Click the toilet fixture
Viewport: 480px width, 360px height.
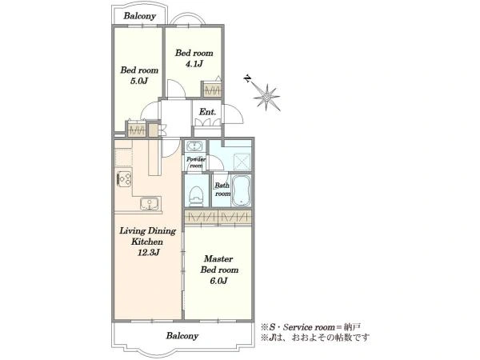[196, 195]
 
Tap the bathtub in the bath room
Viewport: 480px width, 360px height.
[241, 190]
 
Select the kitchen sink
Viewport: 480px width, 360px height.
[150, 203]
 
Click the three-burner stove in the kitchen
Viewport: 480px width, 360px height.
[124, 178]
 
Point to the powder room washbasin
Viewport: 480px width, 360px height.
[194, 146]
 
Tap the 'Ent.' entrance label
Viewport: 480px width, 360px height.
[207, 112]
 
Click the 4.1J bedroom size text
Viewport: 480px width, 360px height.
[194, 64]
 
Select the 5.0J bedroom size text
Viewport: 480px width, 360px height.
[139, 81]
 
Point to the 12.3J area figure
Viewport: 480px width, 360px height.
[148, 253]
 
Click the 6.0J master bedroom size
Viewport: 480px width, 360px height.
[218, 281]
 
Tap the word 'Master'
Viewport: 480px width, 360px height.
[218, 259]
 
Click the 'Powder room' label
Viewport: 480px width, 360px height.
[196, 162]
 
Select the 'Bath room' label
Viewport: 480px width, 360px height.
[222, 189]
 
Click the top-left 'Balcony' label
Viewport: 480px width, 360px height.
[139, 16]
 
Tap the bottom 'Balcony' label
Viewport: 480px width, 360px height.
[182, 336]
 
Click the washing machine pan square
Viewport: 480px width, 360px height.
[242, 161]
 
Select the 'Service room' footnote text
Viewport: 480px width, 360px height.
[309, 327]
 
